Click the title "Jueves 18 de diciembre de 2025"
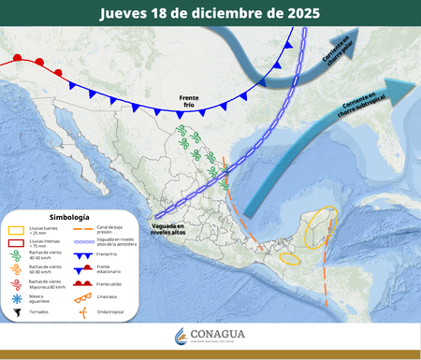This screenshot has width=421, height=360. tap(210, 13)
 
